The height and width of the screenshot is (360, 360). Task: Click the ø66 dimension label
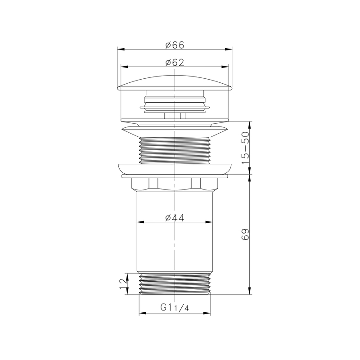pos(175,45)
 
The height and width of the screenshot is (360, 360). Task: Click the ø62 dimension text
pos(175,63)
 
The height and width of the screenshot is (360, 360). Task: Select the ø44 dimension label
pos(175,218)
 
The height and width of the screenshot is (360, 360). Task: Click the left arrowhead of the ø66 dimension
pos(119,49)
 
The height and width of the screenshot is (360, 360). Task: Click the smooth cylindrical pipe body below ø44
pos(175,247)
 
